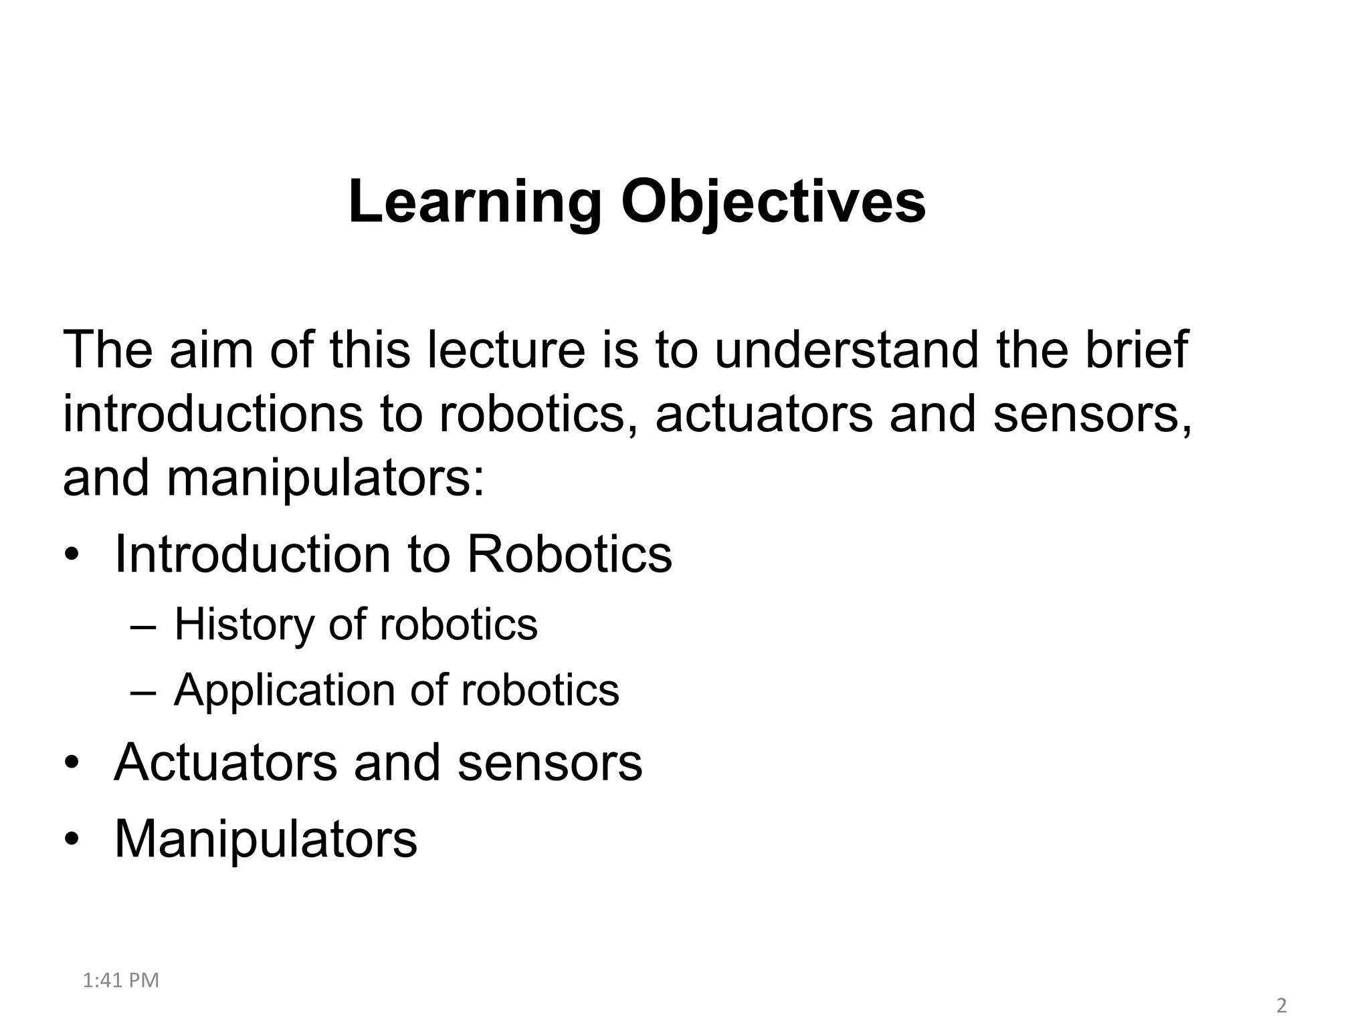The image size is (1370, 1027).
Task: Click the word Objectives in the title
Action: pos(773,203)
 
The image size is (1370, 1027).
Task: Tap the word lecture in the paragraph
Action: pos(506,350)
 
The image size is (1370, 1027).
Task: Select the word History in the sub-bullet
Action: pos(243,624)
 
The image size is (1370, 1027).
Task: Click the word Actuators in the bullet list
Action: pos(225,762)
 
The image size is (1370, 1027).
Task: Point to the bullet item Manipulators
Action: pos(266,838)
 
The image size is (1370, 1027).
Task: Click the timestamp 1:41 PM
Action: pos(121,980)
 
